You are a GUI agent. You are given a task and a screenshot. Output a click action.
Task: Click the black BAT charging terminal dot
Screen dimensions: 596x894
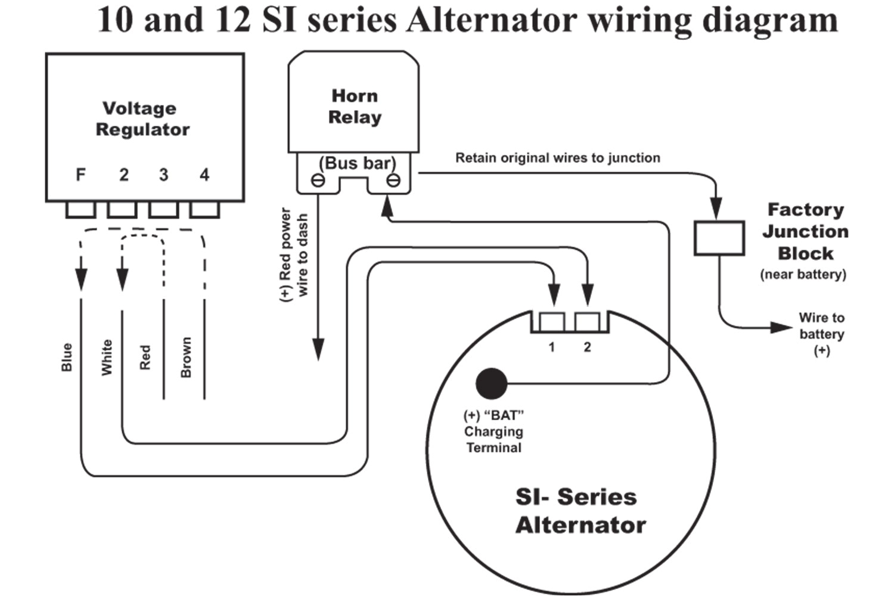492,383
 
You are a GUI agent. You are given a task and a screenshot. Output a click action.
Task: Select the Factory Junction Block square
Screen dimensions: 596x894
719,238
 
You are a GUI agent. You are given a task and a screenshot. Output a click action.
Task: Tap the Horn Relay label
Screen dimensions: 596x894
355,107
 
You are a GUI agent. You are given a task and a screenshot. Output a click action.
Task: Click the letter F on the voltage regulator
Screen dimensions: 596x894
80,175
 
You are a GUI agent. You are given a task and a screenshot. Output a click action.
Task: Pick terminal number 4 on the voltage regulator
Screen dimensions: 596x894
204,175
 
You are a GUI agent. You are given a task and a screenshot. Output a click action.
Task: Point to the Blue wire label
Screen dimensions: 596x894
67,357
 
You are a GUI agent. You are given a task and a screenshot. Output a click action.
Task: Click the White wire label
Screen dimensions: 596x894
107,357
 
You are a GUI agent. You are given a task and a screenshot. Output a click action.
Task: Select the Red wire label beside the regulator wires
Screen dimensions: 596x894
145,357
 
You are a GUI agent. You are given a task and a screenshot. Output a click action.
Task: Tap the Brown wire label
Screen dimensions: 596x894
186,357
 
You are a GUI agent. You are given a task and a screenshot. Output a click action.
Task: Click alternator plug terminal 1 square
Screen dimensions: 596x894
552,322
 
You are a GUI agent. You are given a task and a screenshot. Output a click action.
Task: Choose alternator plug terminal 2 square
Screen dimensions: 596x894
587,322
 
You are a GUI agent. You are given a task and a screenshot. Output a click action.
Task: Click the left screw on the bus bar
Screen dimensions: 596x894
318,180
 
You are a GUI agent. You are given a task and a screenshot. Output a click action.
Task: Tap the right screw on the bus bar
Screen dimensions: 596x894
393,180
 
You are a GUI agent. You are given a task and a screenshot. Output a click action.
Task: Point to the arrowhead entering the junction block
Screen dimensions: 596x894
716,209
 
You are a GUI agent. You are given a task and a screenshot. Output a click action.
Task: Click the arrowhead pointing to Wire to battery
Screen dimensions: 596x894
781,327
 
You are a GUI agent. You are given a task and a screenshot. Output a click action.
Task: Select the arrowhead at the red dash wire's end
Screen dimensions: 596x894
318,349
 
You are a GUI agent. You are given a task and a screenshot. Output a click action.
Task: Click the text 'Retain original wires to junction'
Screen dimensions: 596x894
557,158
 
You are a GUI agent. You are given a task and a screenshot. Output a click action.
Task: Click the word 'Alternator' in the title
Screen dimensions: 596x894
491,20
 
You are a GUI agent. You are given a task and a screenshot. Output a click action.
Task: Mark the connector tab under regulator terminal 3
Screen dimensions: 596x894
163,210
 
